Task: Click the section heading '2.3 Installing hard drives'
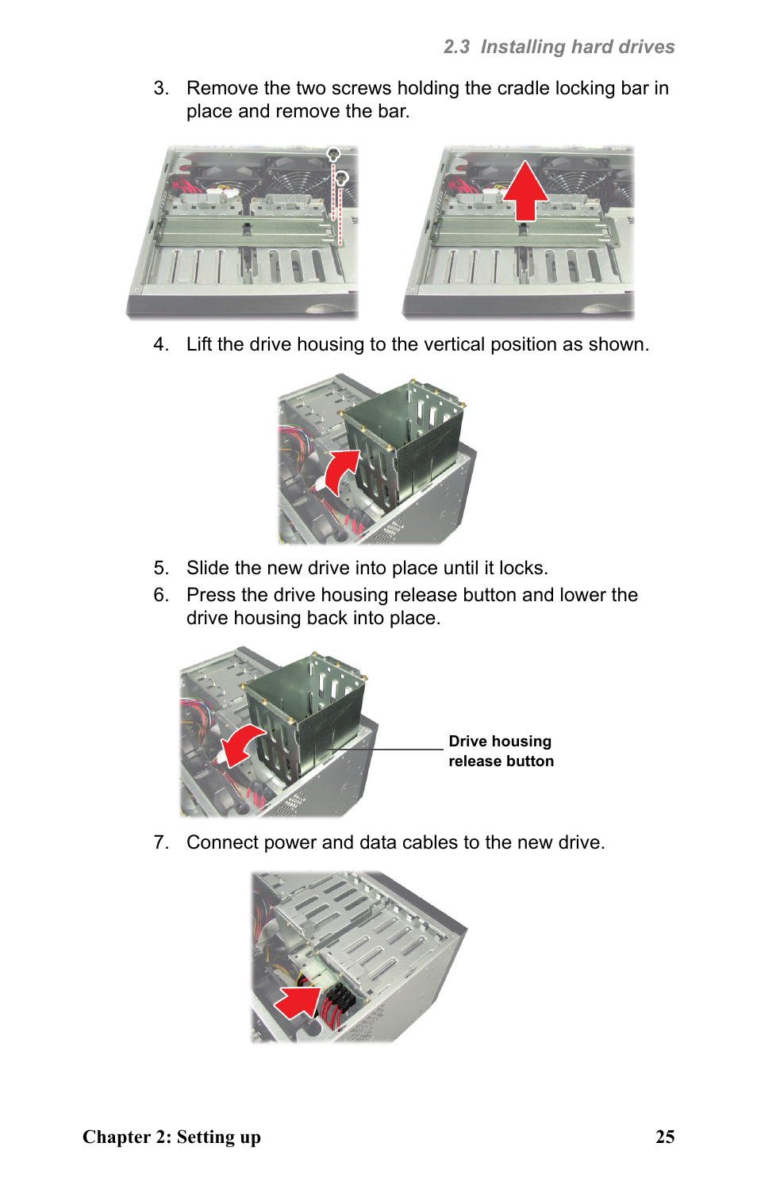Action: [559, 47]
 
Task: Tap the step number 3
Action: [161, 88]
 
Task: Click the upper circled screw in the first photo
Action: [333, 154]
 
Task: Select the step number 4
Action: [161, 344]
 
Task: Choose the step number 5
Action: [161, 568]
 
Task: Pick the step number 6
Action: [161, 595]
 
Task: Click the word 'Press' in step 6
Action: [211, 595]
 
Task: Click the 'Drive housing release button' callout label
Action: [501, 751]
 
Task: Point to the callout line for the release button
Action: [389, 749]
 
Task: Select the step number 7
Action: [161, 842]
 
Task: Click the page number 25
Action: [665, 1137]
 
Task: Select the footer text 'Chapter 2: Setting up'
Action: [171, 1137]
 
